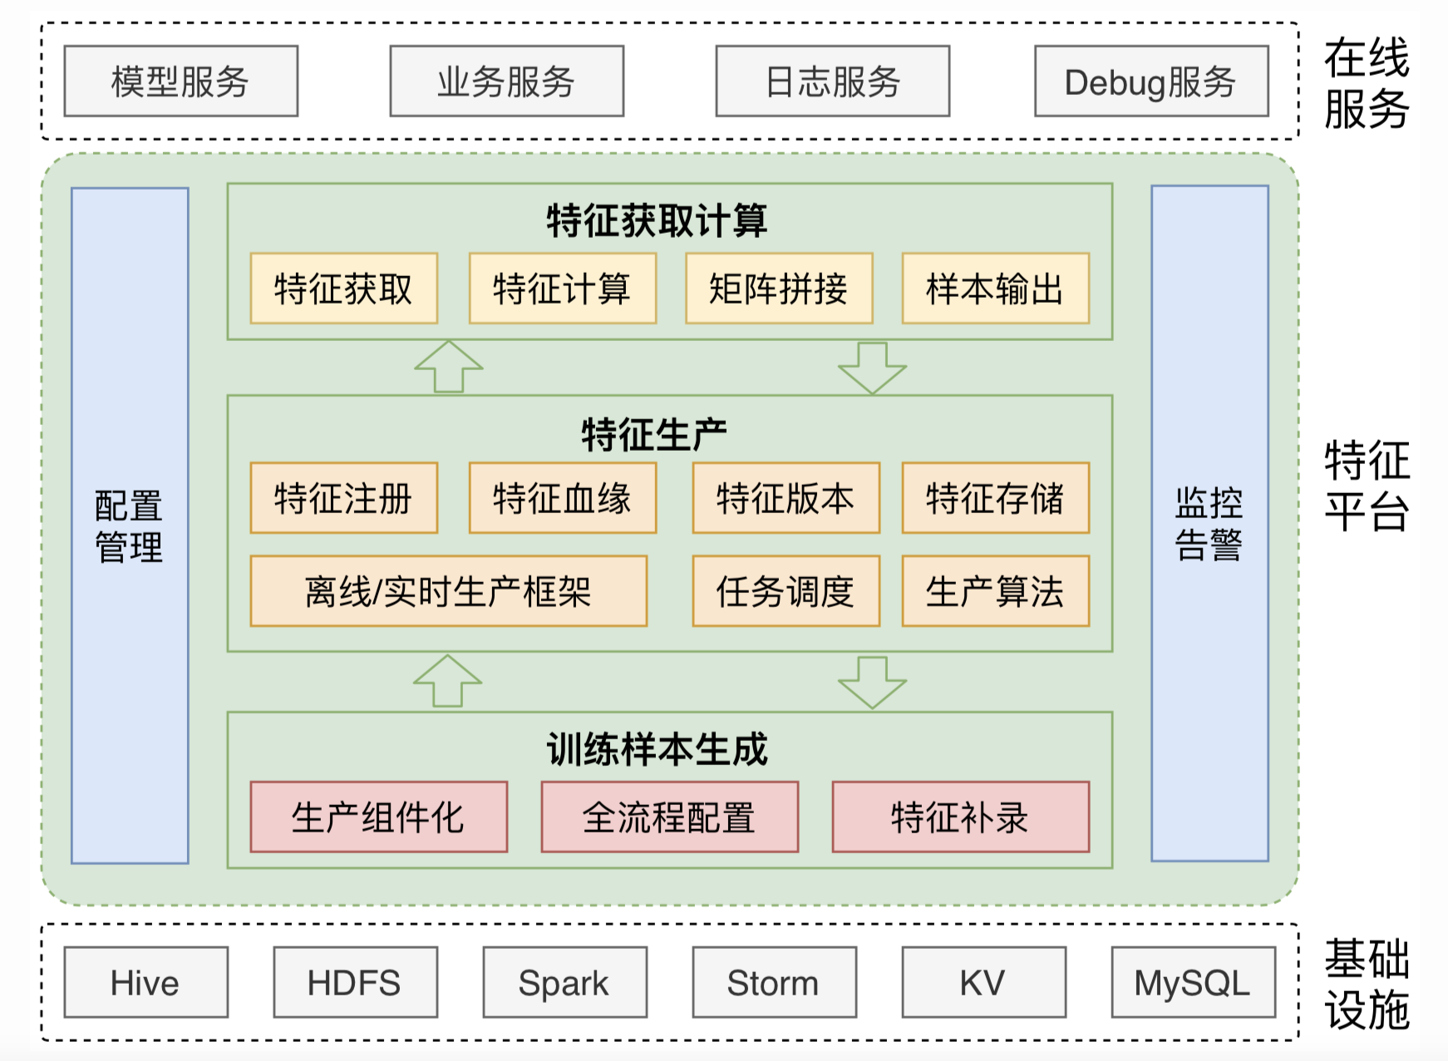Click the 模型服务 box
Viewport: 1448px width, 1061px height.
[x=180, y=81]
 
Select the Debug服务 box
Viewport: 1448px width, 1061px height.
[x=1150, y=81]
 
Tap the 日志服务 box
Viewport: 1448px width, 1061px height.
[x=832, y=81]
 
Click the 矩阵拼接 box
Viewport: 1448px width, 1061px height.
[x=779, y=289]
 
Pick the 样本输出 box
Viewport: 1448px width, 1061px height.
[x=995, y=289]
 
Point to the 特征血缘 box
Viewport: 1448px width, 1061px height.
[x=562, y=498]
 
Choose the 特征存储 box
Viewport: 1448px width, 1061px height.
[x=995, y=498]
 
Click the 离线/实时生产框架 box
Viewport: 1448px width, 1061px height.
[x=448, y=591]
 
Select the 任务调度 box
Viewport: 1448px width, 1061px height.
[x=786, y=591]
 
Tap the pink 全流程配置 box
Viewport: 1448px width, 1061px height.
[x=669, y=817]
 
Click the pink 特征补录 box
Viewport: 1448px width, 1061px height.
[x=960, y=817]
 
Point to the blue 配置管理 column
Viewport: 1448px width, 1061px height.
[x=130, y=526]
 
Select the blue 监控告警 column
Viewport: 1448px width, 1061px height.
[x=1209, y=524]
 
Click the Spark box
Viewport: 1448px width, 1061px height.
[x=564, y=983]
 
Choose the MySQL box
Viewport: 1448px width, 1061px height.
[x=1193, y=983]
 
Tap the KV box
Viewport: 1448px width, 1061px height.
[x=983, y=983]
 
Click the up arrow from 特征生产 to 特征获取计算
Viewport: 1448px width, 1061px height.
[x=449, y=367]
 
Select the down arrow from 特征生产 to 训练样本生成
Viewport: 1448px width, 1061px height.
[x=872, y=682]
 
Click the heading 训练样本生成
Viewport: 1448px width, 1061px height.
[x=657, y=749]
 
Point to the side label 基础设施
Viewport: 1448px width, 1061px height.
[x=1367, y=985]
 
